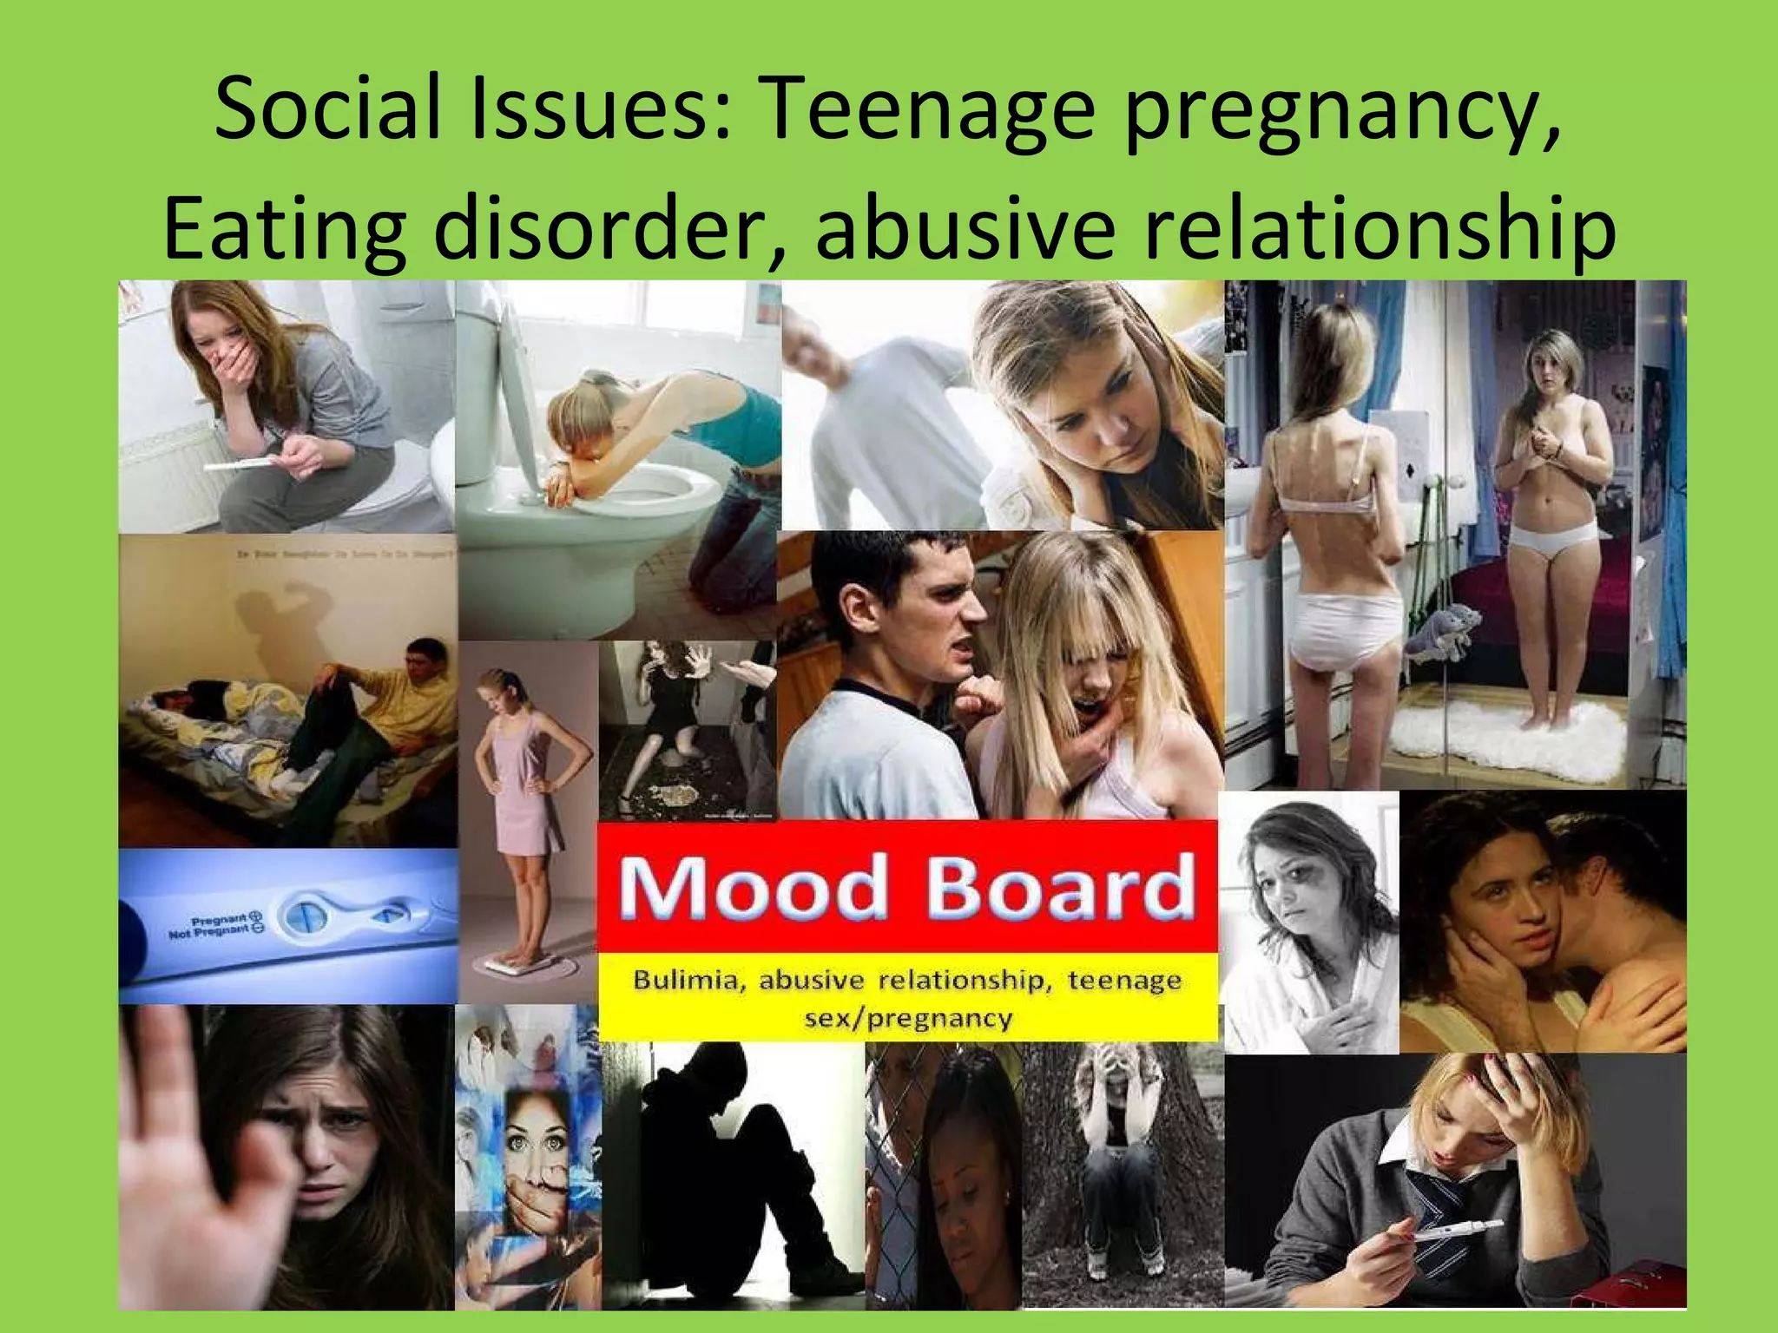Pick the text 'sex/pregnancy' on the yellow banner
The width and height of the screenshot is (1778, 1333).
tap(908, 1017)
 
